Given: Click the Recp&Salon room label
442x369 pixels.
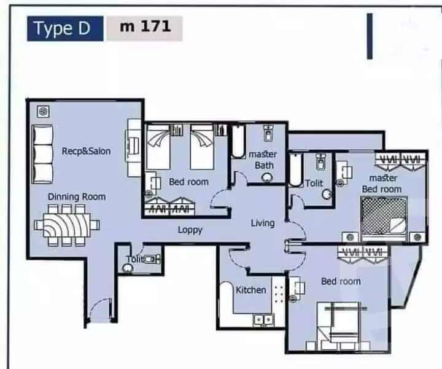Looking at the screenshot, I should coord(86,150).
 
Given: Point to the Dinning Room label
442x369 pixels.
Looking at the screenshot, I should coord(77,196).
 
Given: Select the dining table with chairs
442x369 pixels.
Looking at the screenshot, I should coord(66,225).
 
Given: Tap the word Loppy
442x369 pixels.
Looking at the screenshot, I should coord(190,230).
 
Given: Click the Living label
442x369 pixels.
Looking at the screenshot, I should coord(262,223).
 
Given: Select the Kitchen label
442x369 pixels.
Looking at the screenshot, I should coord(251,290).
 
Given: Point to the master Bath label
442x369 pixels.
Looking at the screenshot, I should coord(262,160).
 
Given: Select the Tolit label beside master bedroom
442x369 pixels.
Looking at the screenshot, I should coord(314,183).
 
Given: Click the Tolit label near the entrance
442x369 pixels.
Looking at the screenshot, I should coord(134,259).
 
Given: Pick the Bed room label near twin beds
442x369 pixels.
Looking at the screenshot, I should coord(188,182).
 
